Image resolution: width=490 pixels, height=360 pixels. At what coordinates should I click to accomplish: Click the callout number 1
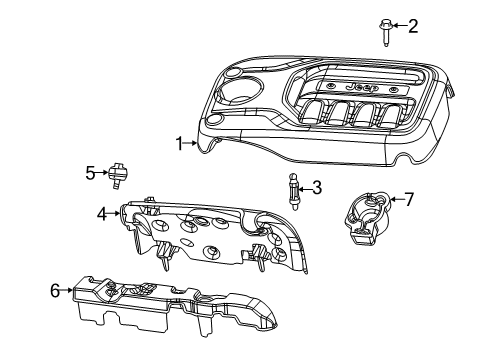coord(180,143)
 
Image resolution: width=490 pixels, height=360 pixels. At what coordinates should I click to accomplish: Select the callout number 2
coord(412,25)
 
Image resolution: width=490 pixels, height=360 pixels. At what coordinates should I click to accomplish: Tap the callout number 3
coord(317,186)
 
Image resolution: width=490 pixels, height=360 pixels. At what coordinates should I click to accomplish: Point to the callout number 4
coord(102,213)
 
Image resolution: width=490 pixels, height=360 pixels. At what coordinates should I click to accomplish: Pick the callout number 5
coord(89,172)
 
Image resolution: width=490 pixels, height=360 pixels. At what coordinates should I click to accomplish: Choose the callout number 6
coord(56,291)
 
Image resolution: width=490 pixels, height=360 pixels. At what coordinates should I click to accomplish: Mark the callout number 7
coord(408,200)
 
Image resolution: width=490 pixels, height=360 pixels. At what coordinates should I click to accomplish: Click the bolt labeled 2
coord(383,31)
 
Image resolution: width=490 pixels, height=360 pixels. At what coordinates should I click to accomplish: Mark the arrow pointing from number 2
coord(398,25)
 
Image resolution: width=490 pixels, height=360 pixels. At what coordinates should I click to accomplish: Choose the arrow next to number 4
coord(114,213)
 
